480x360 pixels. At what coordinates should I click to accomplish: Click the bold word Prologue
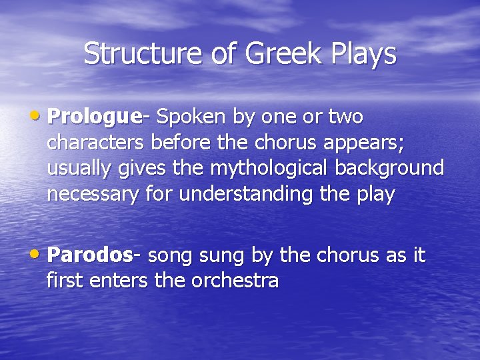click(x=95, y=117)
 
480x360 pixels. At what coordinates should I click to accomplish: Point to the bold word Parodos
click(x=91, y=255)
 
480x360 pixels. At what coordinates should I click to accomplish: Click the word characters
click(x=96, y=143)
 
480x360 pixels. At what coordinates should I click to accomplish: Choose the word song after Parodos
click(x=169, y=255)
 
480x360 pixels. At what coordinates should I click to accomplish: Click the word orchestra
click(x=235, y=281)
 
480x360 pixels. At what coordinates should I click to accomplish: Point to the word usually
click(x=79, y=168)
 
